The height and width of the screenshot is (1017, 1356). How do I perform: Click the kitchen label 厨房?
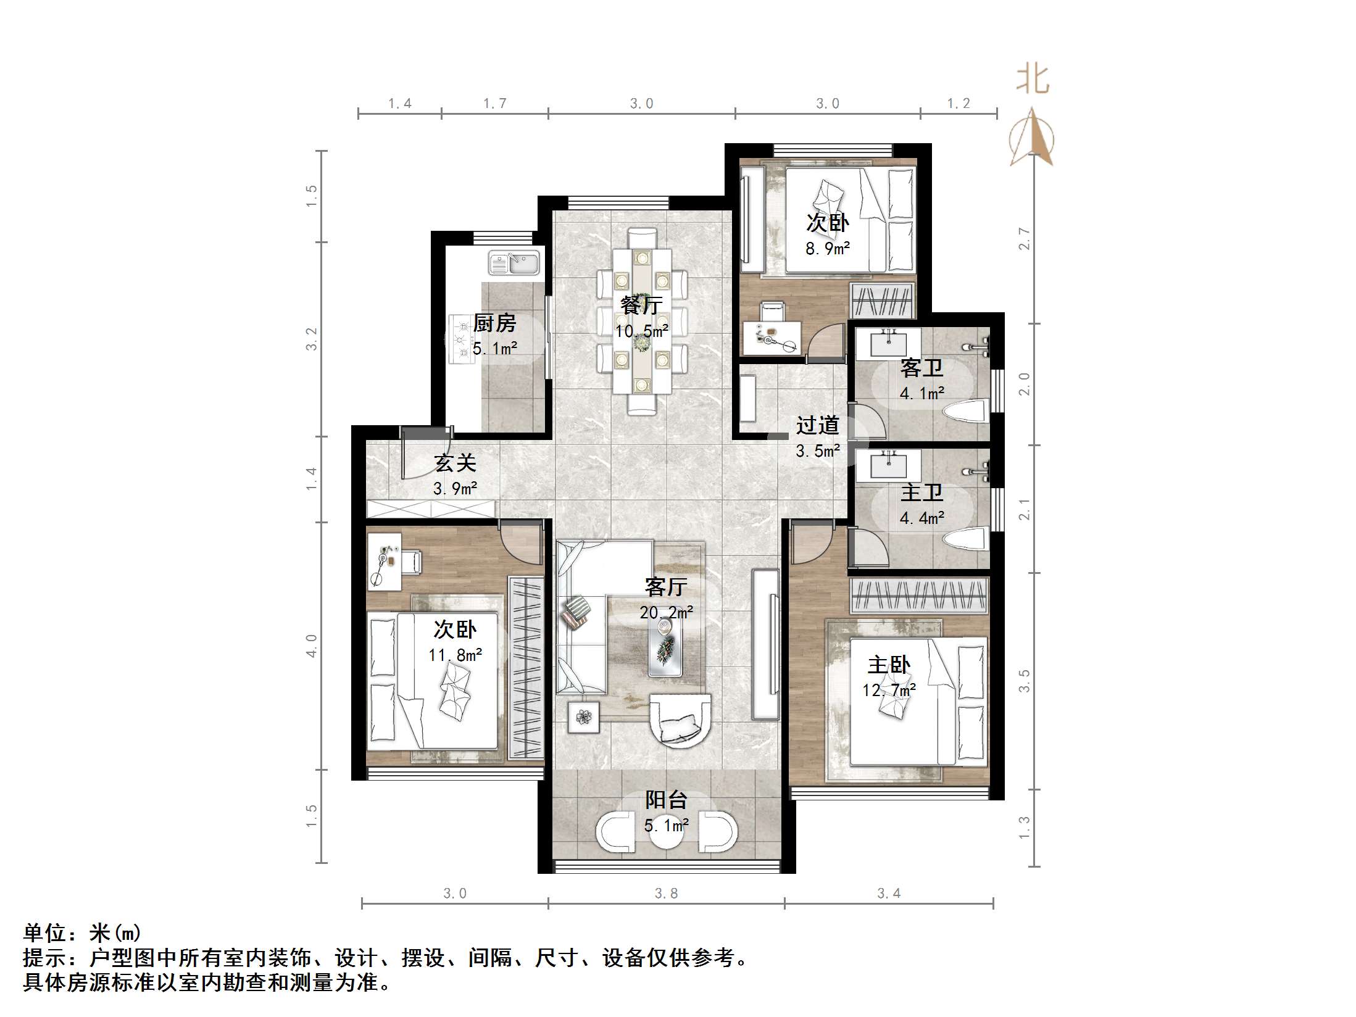click(494, 323)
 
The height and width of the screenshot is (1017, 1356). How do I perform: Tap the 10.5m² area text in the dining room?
click(641, 331)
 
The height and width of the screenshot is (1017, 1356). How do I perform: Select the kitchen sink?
click(514, 263)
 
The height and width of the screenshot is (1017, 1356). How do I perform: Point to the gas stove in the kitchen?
click(459, 338)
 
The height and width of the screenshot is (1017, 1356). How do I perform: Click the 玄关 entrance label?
click(455, 463)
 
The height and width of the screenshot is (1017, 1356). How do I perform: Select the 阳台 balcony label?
click(666, 800)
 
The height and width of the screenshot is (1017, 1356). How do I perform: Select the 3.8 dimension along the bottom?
click(666, 893)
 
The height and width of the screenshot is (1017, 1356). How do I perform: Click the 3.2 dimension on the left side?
click(312, 339)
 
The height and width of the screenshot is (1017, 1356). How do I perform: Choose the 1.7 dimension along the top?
click(494, 104)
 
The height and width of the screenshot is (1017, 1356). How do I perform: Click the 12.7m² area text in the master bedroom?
click(889, 690)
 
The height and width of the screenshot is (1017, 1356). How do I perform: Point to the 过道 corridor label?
click(817, 425)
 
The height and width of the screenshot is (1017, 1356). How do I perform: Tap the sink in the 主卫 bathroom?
click(888, 463)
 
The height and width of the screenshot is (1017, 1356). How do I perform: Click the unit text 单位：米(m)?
click(82, 932)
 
